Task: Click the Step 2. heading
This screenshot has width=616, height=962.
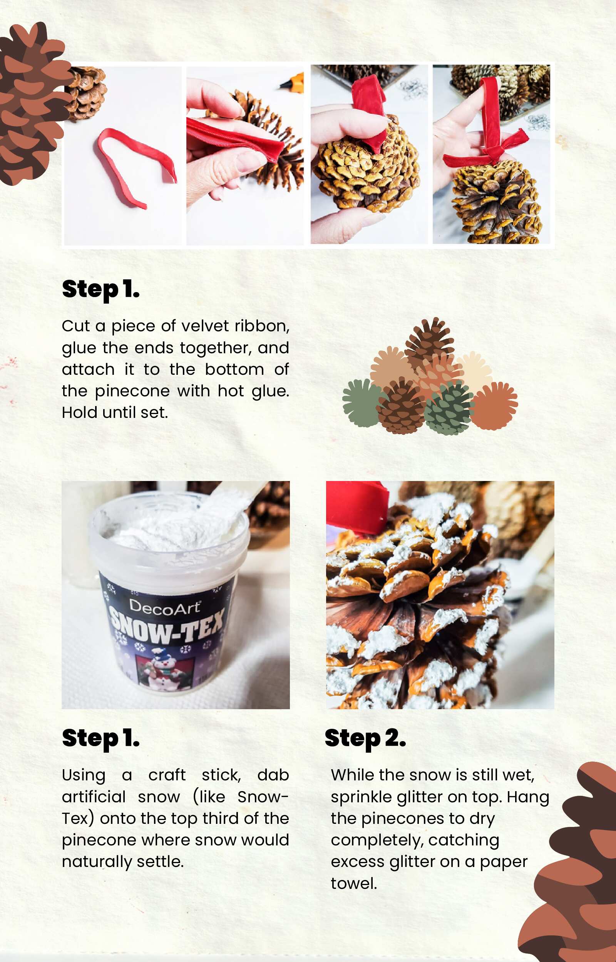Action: pos(365,738)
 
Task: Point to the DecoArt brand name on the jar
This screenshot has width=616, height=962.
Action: pos(164,607)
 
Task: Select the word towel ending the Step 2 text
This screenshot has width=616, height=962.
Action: pos(353,884)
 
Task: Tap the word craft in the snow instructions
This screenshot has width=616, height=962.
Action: pos(167,775)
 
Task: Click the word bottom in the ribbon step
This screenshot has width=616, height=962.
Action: pos(234,369)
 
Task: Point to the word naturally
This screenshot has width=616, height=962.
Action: pos(96,862)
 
